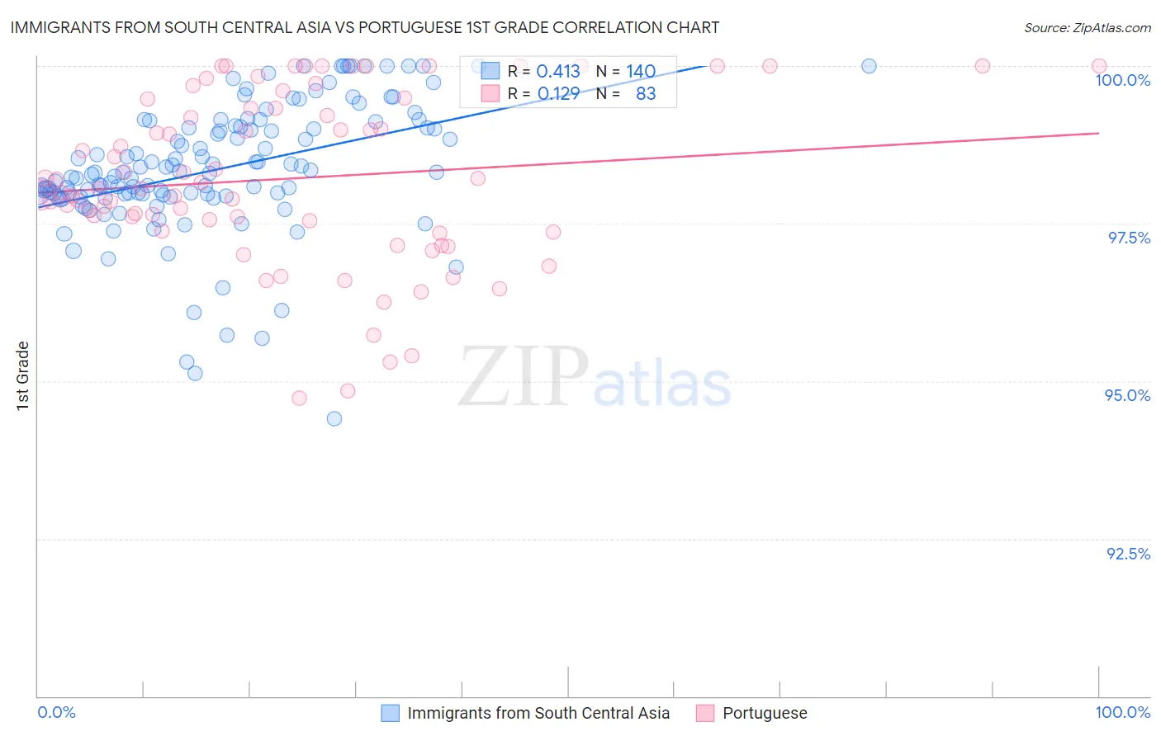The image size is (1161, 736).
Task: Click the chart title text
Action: [x=364, y=27]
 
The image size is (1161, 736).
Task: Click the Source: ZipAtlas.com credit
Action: [x=1087, y=27]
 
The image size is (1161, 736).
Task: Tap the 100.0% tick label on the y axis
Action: [x=1122, y=80]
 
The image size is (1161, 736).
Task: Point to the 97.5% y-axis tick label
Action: [x=1128, y=238]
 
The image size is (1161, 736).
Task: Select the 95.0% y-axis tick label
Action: [x=1127, y=395]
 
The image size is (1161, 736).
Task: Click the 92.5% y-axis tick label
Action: [x=1128, y=554]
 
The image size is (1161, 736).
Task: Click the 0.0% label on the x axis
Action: [x=56, y=712]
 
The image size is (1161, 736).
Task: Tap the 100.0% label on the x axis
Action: [x=1122, y=712]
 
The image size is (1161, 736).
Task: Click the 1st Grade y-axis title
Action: [x=23, y=375]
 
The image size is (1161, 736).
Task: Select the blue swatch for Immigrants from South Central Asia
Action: [x=390, y=713]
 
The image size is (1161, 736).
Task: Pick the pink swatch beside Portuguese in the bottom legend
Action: [x=705, y=713]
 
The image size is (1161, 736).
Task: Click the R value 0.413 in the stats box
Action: [x=558, y=72]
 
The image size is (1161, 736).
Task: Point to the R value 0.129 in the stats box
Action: [x=558, y=94]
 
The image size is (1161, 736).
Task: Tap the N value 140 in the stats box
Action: [x=641, y=72]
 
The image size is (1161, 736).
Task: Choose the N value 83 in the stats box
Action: [x=646, y=94]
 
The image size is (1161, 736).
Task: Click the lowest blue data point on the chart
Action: [x=334, y=418]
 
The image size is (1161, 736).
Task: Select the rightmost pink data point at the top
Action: [x=1098, y=66]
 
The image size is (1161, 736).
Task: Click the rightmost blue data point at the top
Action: [x=869, y=66]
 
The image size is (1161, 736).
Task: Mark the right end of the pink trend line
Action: [x=1098, y=133]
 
